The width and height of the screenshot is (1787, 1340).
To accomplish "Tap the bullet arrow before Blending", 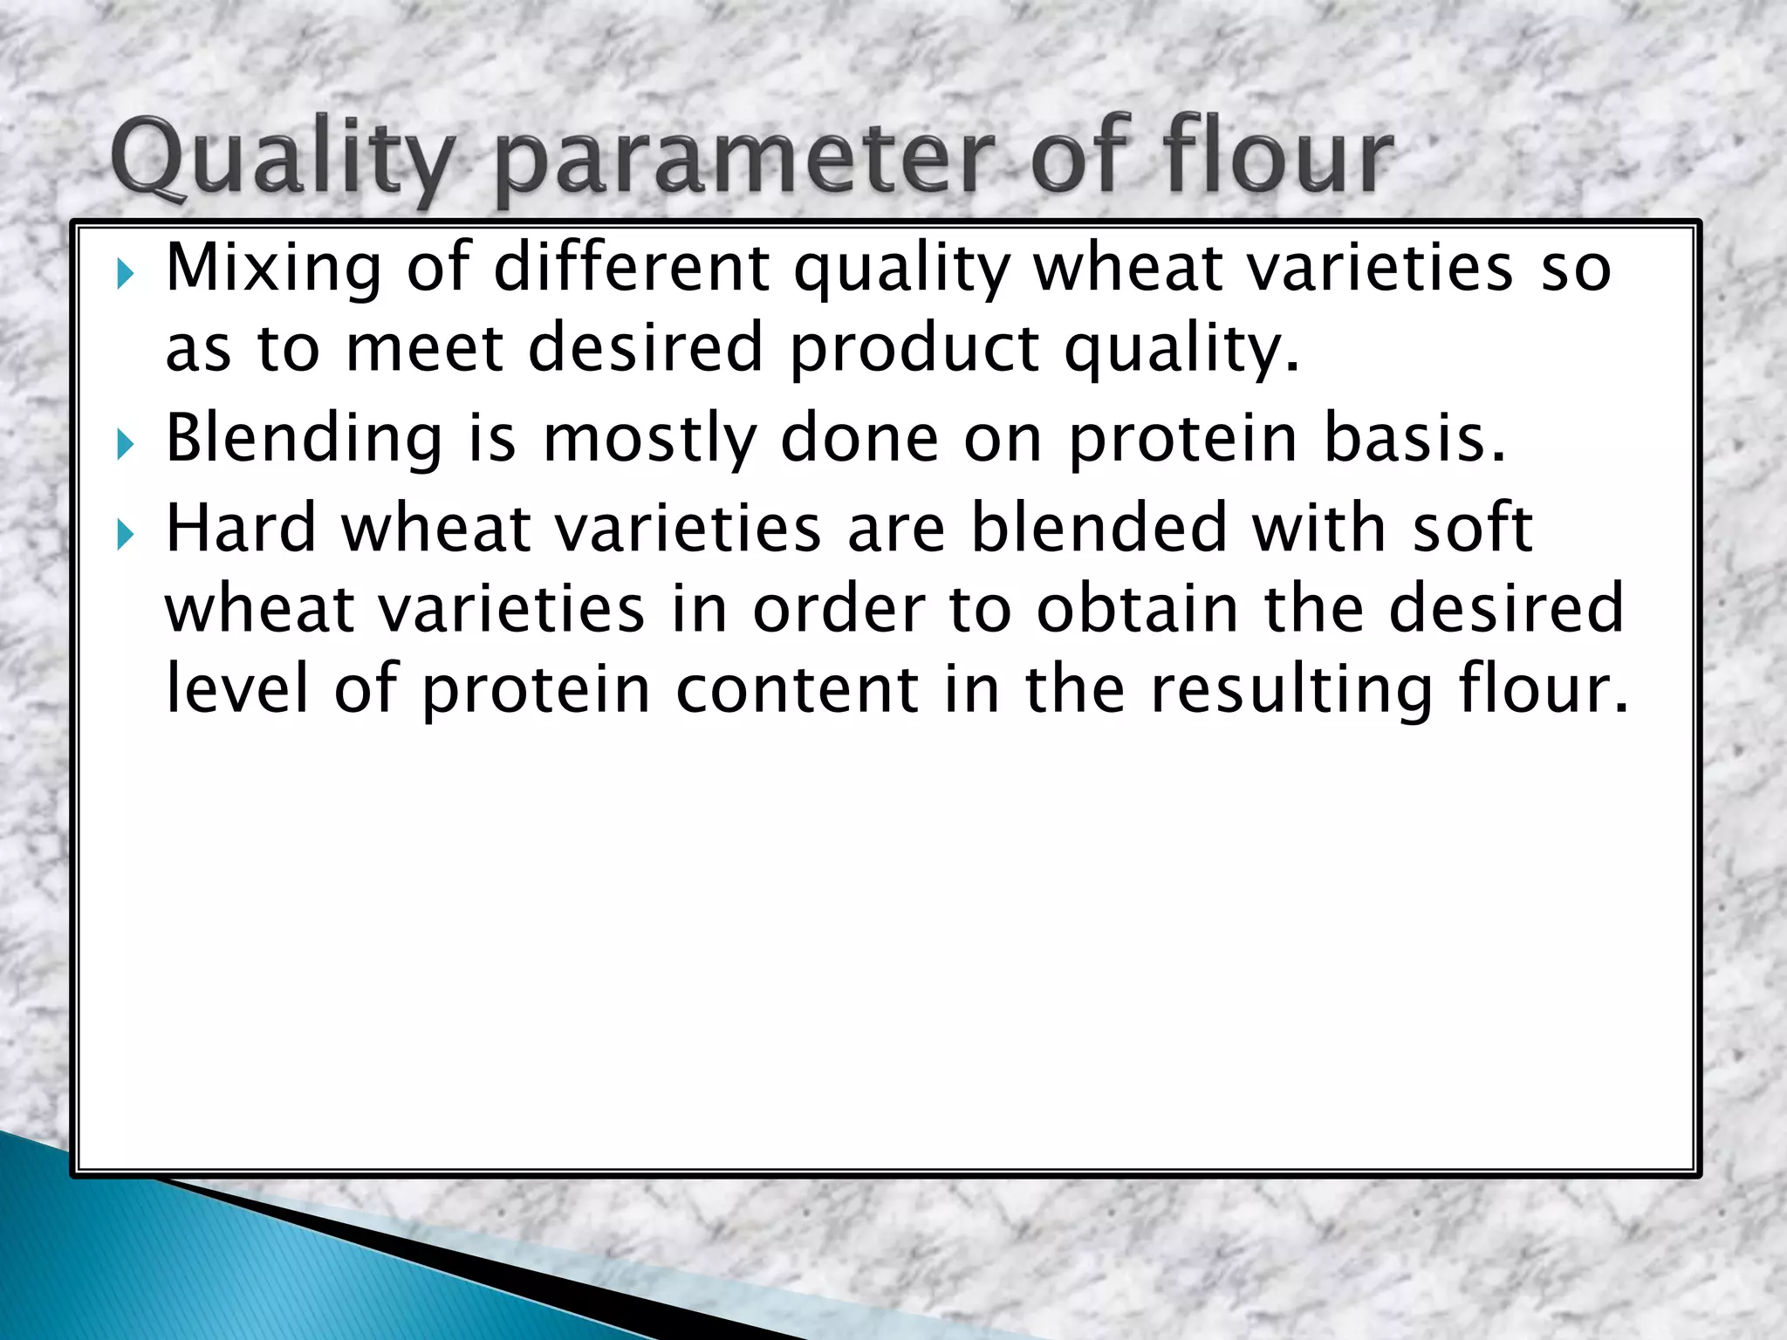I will click(x=126, y=446).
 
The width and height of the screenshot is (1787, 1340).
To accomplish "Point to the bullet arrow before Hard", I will click(x=126, y=535).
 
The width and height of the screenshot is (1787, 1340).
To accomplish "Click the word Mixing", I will click(x=273, y=269).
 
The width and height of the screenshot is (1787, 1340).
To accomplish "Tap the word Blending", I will click(x=304, y=439).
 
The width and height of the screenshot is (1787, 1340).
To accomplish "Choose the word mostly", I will click(x=650, y=439).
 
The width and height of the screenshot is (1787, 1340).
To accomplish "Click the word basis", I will click(x=1414, y=438).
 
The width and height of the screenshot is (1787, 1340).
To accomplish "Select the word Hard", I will click(x=240, y=529).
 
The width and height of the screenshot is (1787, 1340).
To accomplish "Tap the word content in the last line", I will click(x=797, y=689).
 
